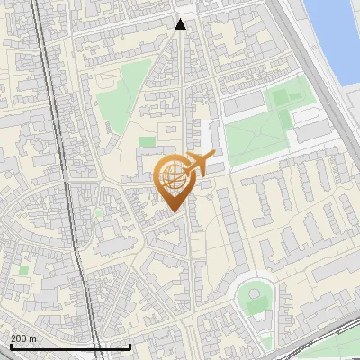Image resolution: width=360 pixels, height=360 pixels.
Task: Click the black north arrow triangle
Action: pyautogui.click(x=181, y=25)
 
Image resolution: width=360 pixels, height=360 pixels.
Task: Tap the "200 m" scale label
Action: pyautogui.click(x=23, y=337)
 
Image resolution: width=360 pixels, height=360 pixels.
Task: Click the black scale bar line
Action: pyautogui.click(x=70, y=346)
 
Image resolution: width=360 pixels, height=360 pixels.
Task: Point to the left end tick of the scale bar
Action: pyautogui.click(x=10, y=345)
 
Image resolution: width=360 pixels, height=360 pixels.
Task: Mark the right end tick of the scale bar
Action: pyautogui.click(x=130, y=345)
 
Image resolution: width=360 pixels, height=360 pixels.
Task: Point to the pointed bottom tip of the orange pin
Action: pyautogui.click(x=173, y=212)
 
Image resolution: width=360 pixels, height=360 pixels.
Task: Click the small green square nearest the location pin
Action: pyautogui.click(x=147, y=142)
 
